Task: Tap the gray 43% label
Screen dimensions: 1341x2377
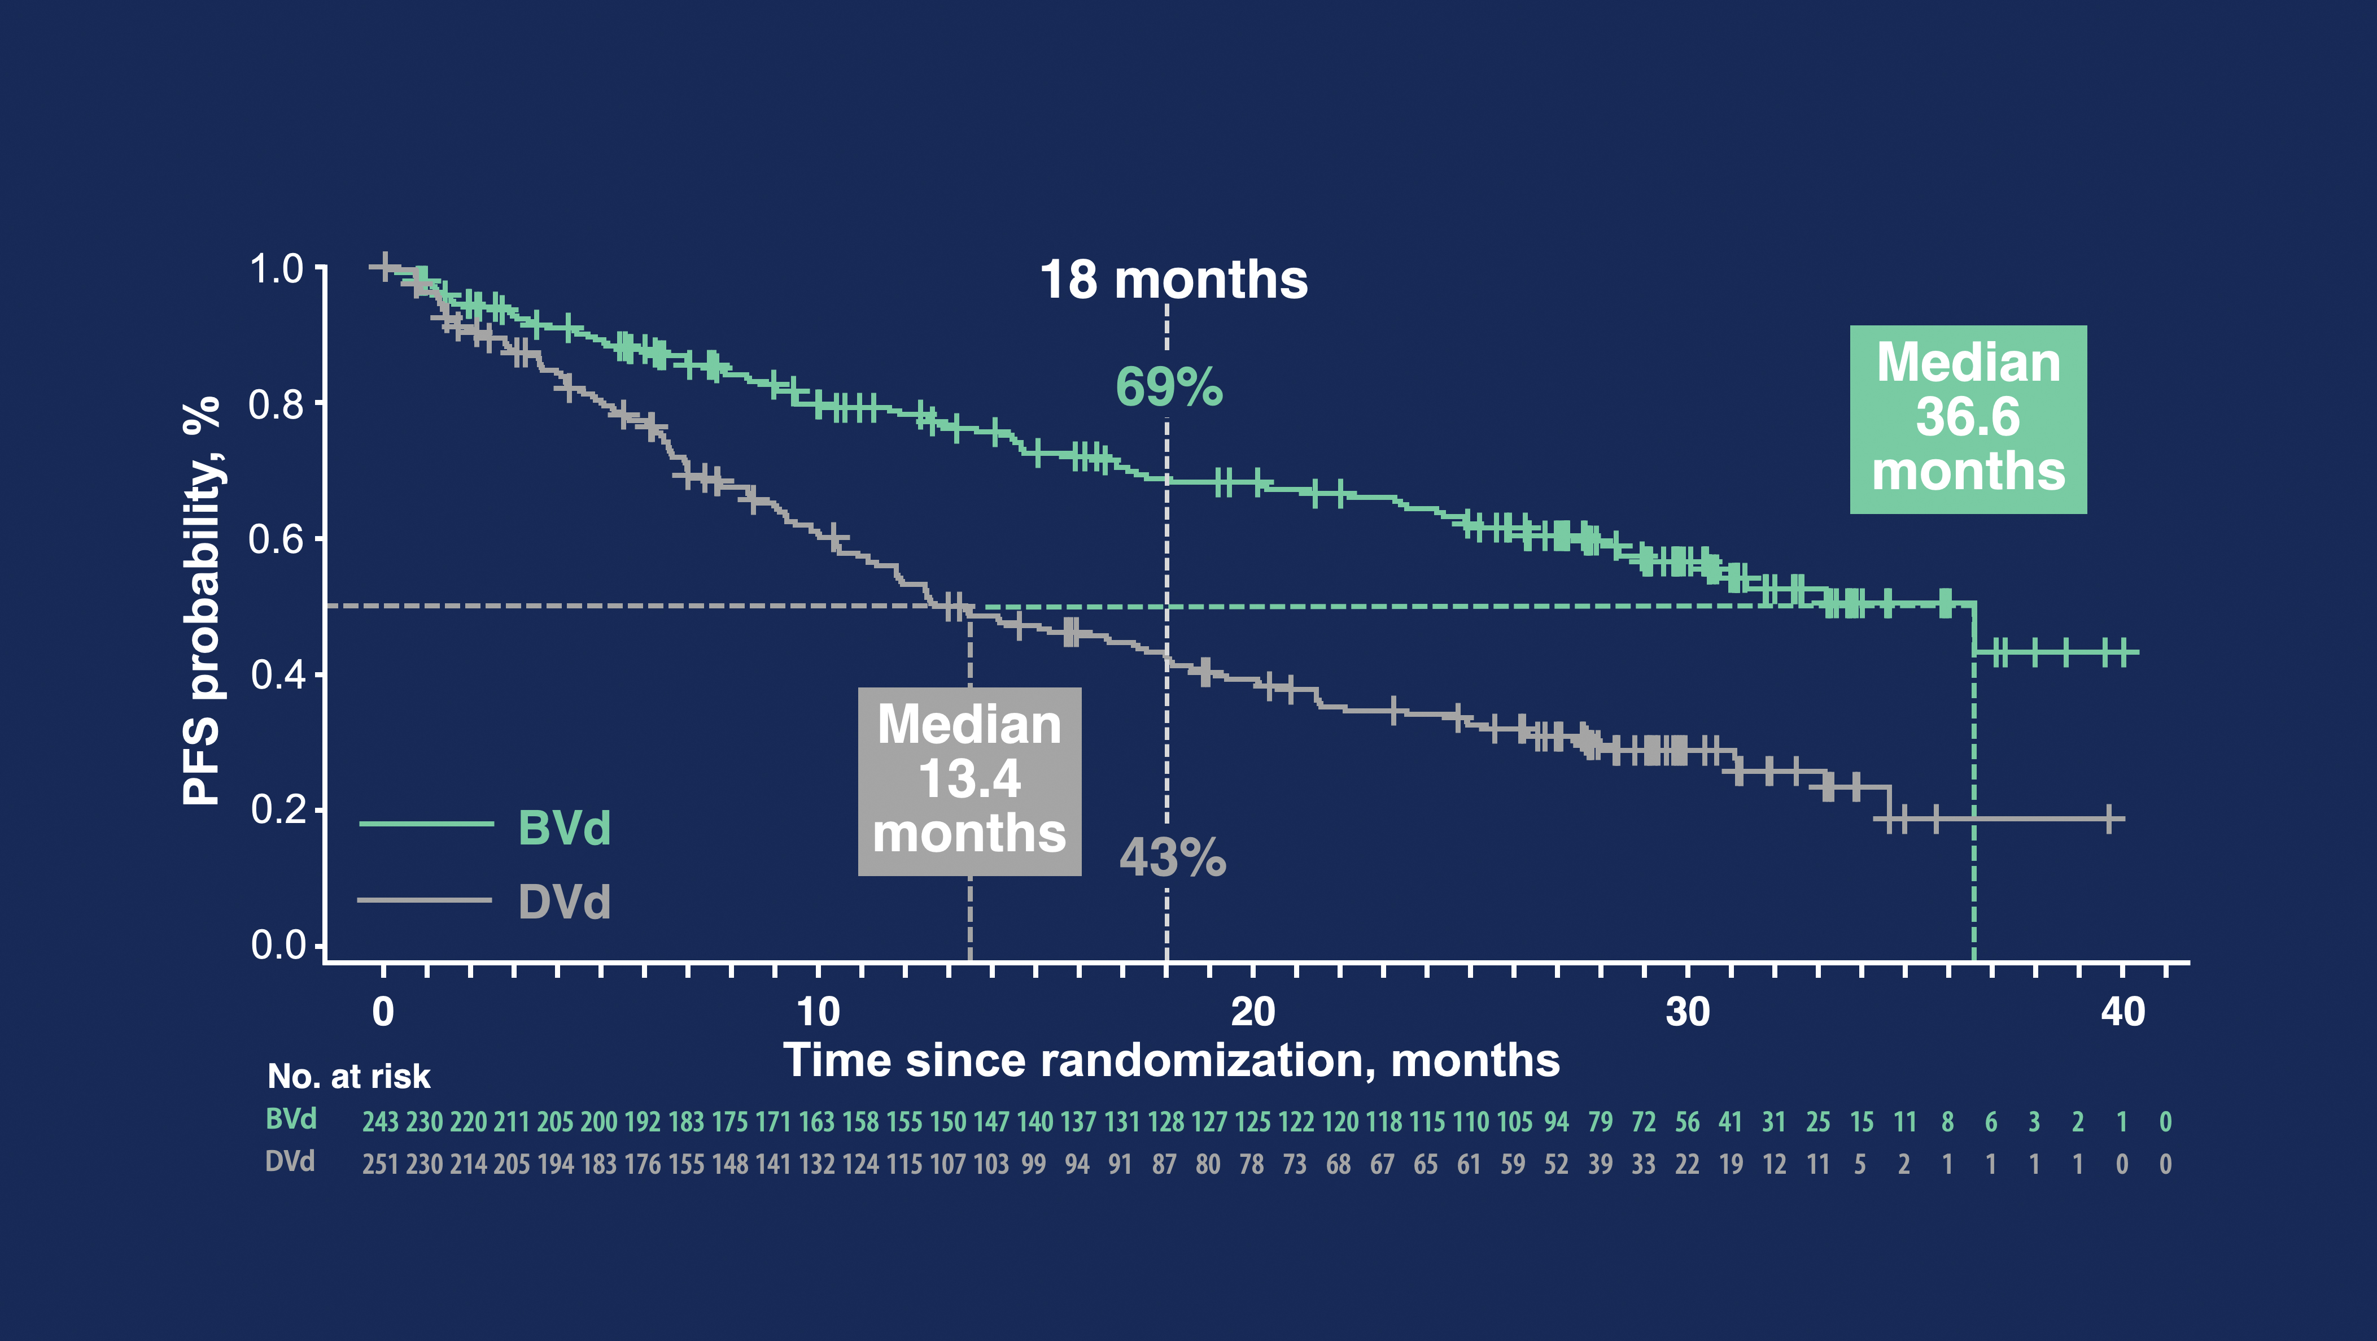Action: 1172,857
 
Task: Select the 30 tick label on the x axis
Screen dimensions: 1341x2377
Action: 1688,1012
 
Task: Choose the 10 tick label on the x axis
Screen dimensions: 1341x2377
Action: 818,1012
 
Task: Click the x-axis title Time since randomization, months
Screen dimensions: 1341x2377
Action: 1171,1060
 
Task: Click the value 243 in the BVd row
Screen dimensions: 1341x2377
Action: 380,1121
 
